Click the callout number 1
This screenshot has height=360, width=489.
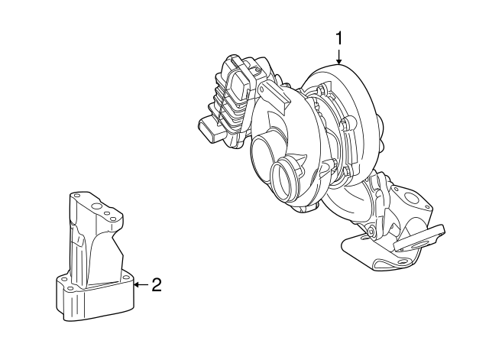pos(338,38)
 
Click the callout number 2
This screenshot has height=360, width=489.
pos(157,285)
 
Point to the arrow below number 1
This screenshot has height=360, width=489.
pos(338,56)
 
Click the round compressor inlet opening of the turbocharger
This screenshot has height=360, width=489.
pos(283,182)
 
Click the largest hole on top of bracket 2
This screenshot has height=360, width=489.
pos(97,206)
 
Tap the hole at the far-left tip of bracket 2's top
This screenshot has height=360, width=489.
pos(76,196)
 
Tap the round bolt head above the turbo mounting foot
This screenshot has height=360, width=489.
pos(371,232)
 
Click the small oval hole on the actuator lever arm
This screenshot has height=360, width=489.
pos(261,90)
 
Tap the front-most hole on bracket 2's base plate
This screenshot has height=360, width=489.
pos(70,287)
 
